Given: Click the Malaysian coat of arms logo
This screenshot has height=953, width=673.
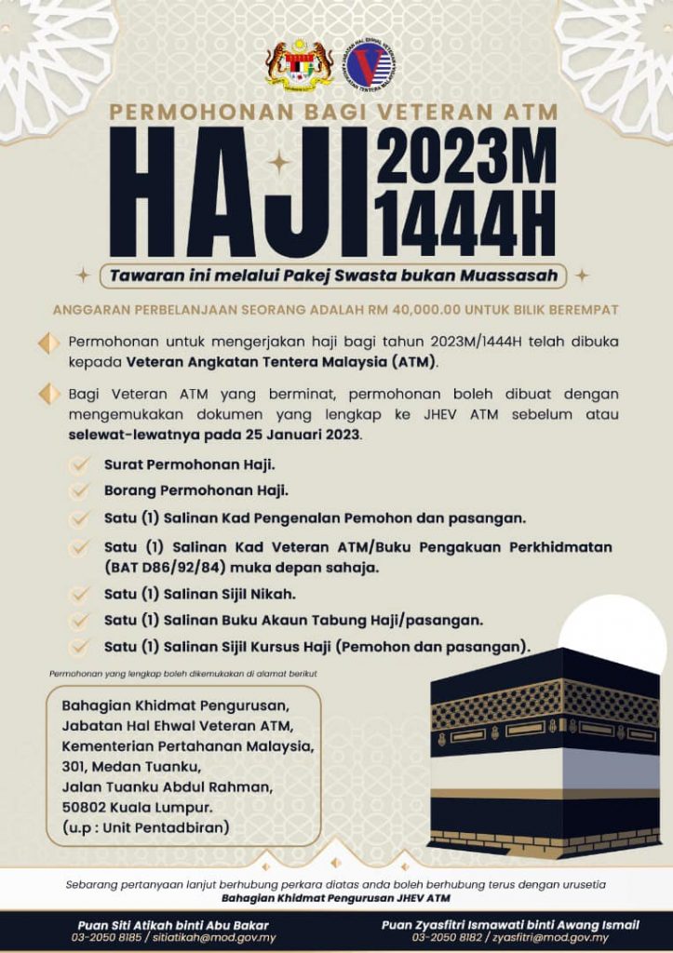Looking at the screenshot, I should click(x=299, y=65).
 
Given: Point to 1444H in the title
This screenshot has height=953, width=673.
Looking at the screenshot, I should click(x=466, y=223).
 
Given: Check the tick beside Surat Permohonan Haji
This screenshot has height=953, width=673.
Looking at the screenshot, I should click(x=81, y=463).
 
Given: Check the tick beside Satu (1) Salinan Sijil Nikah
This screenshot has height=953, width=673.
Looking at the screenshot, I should click(x=81, y=593).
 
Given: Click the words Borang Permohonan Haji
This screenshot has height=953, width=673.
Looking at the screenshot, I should click(x=195, y=490).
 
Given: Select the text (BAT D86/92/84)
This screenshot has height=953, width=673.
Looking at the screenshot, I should click(x=167, y=567).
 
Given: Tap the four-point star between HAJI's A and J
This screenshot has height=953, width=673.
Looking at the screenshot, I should click(x=278, y=163).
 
